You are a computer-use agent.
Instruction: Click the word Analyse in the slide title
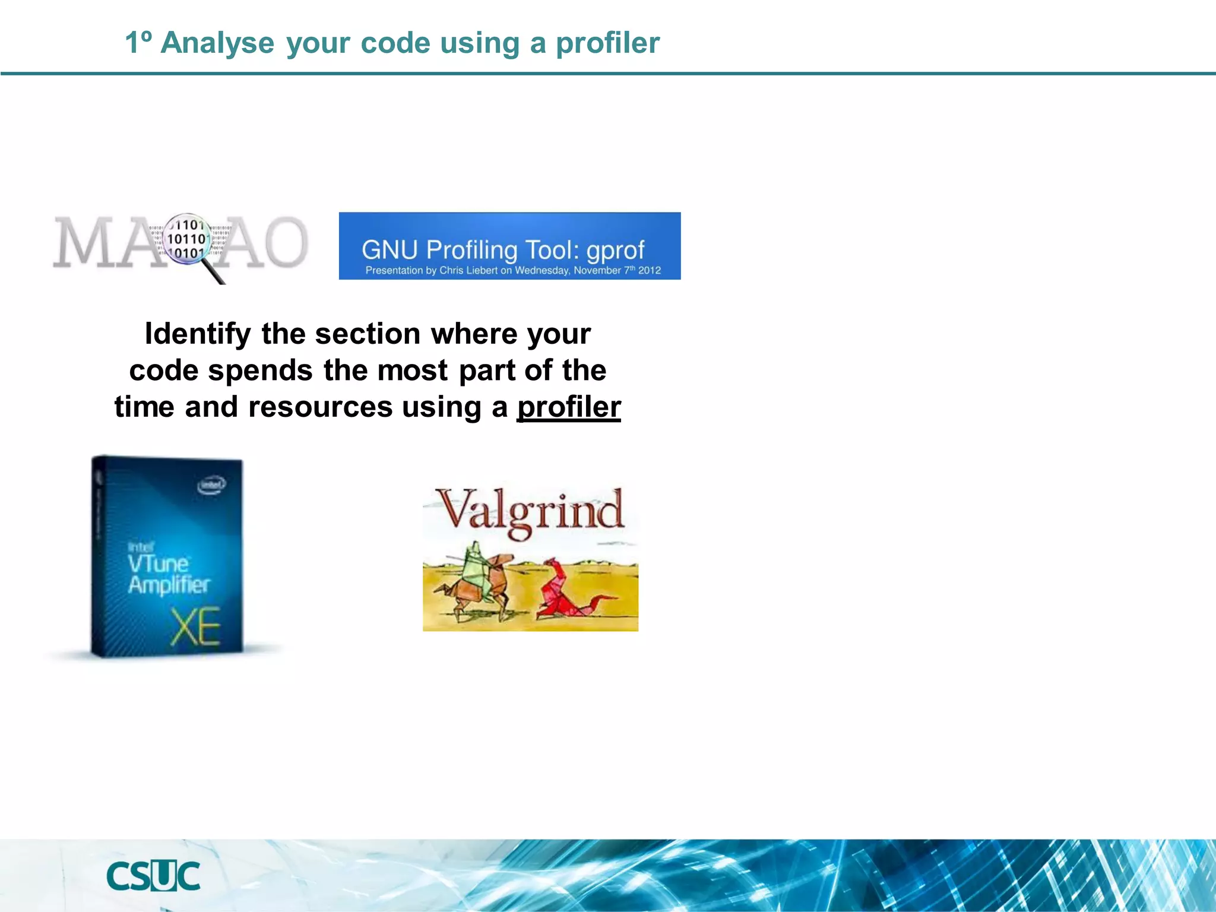tap(217, 43)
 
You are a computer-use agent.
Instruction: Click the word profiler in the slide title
tap(607, 43)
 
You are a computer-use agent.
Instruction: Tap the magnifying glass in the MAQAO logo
tap(189, 240)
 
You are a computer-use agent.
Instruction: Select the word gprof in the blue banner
tap(615, 250)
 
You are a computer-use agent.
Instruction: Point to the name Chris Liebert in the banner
tap(468, 271)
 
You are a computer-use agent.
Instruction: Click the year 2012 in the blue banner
tap(650, 271)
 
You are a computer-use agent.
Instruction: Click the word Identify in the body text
tap(198, 334)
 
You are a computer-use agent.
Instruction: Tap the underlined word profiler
tap(568, 407)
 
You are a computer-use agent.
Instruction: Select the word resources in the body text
tap(320, 407)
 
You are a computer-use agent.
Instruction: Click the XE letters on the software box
tap(195, 627)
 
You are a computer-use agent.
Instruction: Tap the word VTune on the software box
tap(158, 563)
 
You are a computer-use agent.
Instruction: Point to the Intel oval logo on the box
tap(211, 485)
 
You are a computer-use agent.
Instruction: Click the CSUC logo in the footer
tap(153, 876)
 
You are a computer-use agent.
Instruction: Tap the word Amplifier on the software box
tap(169, 585)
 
